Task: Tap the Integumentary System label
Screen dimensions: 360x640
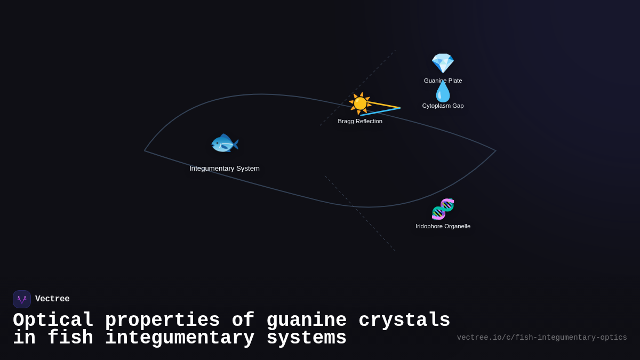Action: pyautogui.click(x=225, y=169)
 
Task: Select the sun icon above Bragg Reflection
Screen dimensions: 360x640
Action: pyautogui.click(x=360, y=103)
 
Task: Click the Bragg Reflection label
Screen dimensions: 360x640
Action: pyautogui.click(x=360, y=121)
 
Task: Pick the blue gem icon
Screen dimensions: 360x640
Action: pyautogui.click(x=443, y=63)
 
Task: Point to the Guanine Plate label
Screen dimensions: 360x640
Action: pyautogui.click(x=443, y=81)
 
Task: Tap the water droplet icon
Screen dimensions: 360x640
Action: pyautogui.click(x=443, y=92)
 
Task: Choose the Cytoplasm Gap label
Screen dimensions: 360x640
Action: pyautogui.click(x=443, y=106)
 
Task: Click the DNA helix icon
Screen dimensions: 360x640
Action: pyautogui.click(x=443, y=209)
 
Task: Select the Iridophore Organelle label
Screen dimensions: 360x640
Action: pyautogui.click(x=443, y=226)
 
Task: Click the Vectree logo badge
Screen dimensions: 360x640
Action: pyautogui.click(x=22, y=299)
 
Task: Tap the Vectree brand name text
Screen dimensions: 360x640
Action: pyautogui.click(x=52, y=299)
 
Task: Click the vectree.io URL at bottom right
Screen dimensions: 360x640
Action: pyautogui.click(x=542, y=338)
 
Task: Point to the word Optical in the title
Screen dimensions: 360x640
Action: pyautogui.click(x=53, y=321)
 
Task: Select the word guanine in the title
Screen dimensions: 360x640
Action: pyautogui.click(x=306, y=321)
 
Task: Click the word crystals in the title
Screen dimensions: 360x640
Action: pyautogui.click(x=404, y=321)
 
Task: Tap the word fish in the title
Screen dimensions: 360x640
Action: pyautogui.click(x=70, y=338)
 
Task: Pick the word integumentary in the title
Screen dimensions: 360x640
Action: pyautogui.click(x=180, y=338)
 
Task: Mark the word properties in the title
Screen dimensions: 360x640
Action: pyautogui.click(x=162, y=321)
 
